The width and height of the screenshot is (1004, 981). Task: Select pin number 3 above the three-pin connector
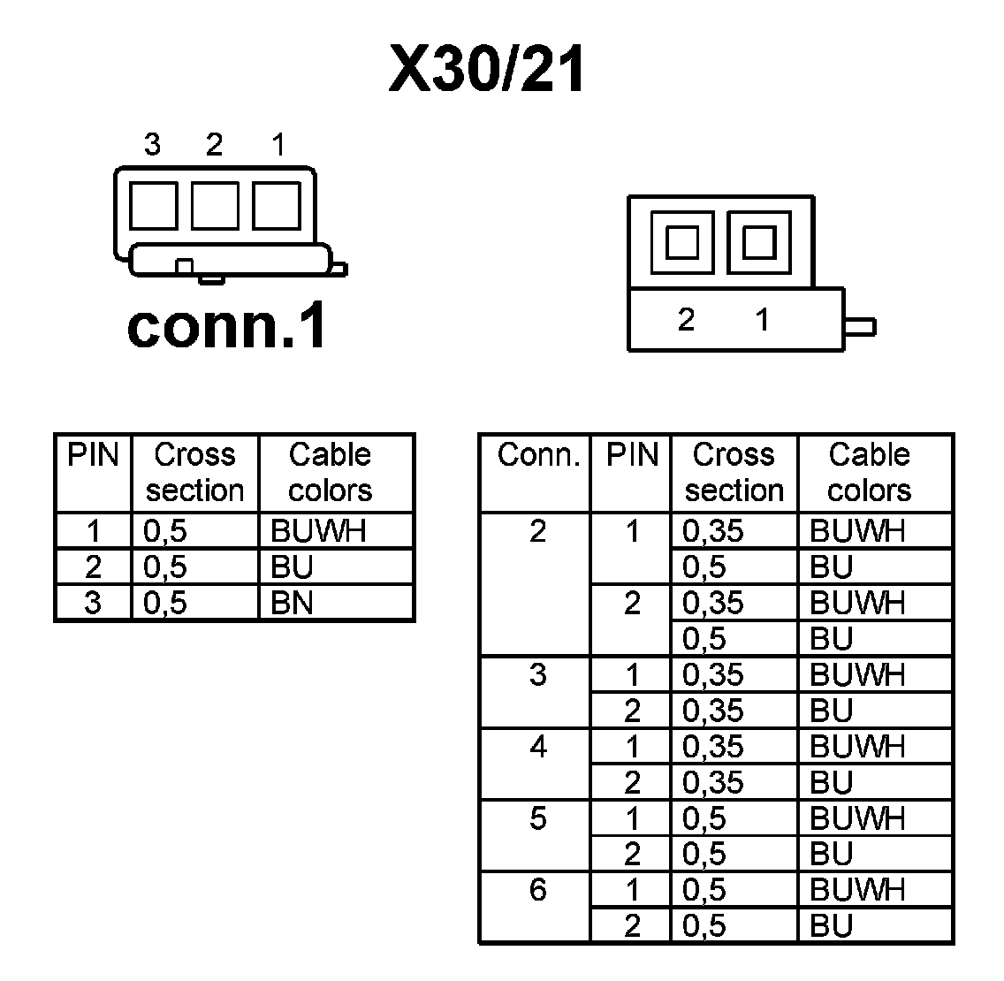coord(152,144)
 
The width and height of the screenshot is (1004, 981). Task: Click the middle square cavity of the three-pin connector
coord(214,205)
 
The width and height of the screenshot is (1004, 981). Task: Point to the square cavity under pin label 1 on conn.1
coord(276,205)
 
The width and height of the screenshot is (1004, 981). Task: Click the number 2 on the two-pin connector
coord(686,320)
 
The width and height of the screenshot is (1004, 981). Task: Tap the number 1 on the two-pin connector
coord(763,320)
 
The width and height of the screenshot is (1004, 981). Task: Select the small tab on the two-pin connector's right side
coord(860,327)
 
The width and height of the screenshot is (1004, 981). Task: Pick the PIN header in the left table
coord(93,456)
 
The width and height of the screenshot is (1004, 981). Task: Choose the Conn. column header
coord(538,456)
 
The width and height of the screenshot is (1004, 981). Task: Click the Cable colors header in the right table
coord(869,472)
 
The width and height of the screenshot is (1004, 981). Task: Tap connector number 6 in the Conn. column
coord(537,890)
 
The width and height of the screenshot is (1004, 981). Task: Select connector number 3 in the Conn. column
coord(537,675)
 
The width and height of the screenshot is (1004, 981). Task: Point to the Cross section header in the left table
coord(194,472)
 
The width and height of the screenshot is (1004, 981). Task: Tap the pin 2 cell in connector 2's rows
coord(632,604)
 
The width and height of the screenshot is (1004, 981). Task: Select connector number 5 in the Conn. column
coord(537,818)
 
